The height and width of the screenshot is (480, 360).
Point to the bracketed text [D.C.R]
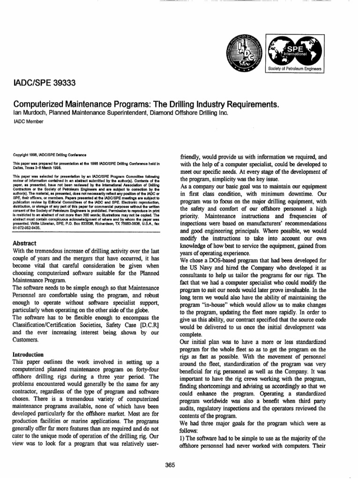149,326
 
